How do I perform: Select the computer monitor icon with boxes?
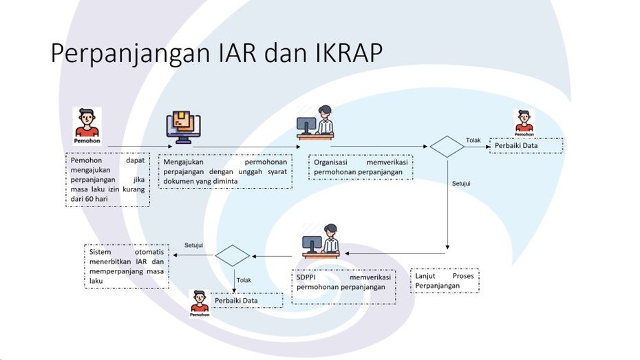click(182, 127)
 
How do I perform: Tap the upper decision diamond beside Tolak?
click(447, 146)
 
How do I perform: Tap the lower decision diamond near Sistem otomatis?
click(233, 255)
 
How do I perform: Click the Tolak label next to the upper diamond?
click(473, 140)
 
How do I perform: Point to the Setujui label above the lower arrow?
click(194, 244)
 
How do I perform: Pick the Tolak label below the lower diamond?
click(244, 280)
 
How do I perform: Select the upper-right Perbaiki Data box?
click(526, 145)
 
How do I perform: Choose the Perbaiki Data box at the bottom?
click(246, 300)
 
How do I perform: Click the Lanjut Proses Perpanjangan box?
click(445, 281)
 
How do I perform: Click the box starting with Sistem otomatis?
click(126, 266)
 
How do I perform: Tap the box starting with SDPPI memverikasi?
click(343, 286)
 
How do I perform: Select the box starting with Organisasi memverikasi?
click(361, 167)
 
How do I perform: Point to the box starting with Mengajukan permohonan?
click(225, 171)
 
